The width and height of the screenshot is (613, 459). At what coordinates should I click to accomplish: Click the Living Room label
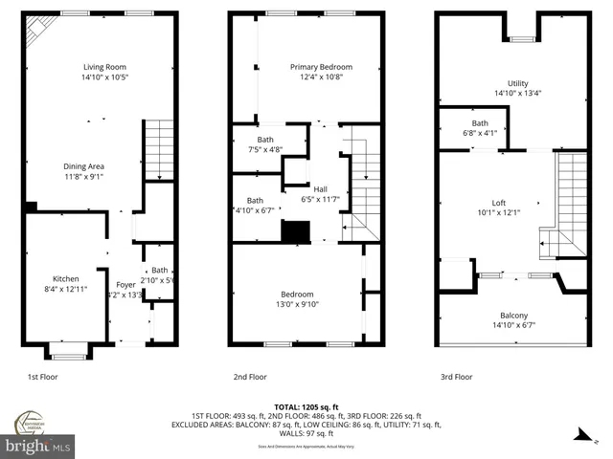(102, 66)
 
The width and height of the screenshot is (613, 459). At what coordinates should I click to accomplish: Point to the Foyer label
(125, 284)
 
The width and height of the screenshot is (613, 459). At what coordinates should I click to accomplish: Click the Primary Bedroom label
(321, 67)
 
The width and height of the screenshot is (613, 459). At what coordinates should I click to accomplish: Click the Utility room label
(518, 83)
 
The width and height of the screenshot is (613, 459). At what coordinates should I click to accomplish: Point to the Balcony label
(513, 316)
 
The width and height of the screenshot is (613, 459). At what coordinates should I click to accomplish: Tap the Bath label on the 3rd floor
(479, 123)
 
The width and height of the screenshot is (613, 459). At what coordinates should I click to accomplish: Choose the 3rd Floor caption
(457, 377)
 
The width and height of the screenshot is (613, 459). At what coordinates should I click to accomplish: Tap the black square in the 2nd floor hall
(296, 230)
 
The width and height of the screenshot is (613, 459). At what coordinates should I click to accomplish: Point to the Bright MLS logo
(38, 446)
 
